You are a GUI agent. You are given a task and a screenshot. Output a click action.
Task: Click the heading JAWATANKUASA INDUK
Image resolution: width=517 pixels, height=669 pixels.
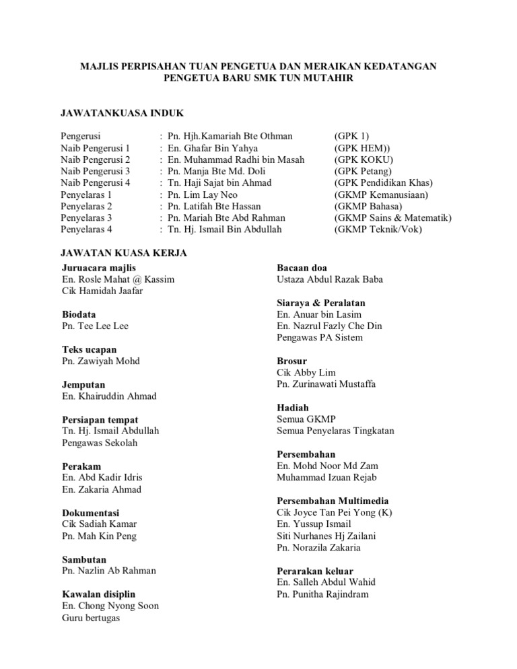[122, 112]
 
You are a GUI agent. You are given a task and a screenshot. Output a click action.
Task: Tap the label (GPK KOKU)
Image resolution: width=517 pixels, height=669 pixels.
[364, 160]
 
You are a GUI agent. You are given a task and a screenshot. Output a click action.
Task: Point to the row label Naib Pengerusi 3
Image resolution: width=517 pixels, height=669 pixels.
[95, 171]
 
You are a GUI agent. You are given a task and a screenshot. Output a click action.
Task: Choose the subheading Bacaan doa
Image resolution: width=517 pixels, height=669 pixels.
[302, 268]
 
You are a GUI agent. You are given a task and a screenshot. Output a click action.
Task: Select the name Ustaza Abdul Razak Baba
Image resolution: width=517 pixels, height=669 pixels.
[330, 279]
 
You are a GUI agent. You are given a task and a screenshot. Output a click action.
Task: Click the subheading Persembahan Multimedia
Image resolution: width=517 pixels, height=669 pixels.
[333, 501]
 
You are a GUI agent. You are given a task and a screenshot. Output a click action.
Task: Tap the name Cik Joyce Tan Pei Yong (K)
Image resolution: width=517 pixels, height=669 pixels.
[335, 513]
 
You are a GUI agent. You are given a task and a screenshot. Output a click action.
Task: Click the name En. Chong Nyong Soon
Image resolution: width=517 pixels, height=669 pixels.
[110, 606]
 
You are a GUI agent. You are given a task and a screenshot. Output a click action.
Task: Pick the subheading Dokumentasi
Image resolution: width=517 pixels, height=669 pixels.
[90, 513]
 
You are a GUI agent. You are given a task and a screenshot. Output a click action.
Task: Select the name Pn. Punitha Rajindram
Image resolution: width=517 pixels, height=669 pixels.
[322, 594]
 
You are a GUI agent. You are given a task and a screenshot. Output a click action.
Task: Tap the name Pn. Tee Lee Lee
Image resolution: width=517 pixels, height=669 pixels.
[95, 326]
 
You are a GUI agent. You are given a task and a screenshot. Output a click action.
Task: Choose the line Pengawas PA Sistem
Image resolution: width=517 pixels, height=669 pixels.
[320, 337]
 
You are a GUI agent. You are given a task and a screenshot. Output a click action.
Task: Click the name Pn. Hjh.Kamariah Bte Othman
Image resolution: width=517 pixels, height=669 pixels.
[230, 136]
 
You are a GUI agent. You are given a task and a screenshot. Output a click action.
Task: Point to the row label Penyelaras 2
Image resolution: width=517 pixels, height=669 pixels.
[86, 206]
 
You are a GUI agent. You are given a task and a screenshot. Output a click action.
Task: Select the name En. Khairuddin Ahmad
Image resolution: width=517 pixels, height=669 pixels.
[109, 396]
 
